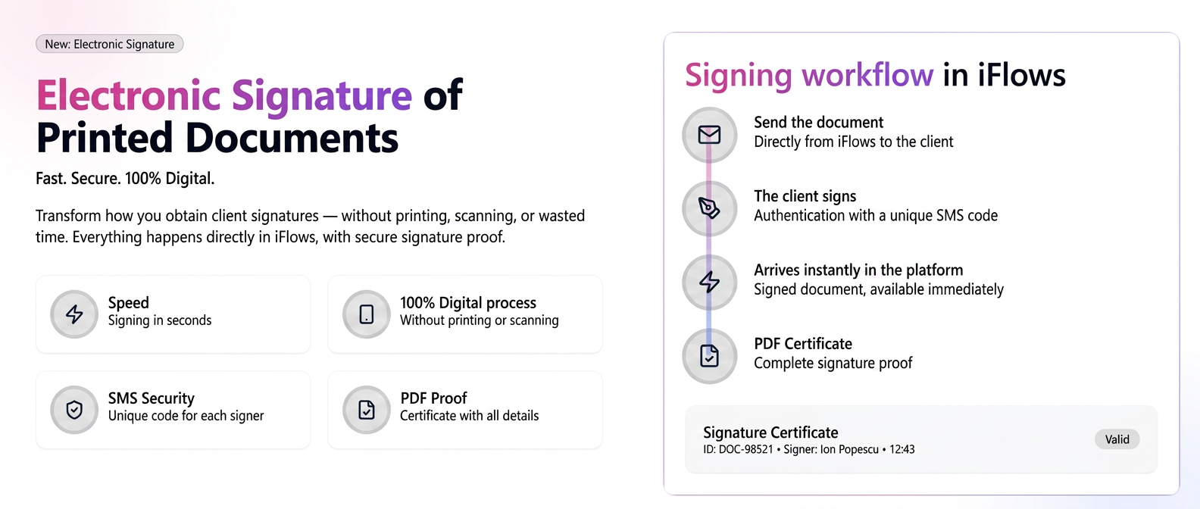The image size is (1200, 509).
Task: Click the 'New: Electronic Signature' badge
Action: pyautogui.click(x=109, y=44)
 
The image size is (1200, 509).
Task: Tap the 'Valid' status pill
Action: pyautogui.click(x=1117, y=439)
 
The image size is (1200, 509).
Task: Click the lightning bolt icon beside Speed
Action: pyautogui.click(x=74, y=314)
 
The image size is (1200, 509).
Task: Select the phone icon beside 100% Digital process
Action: pyautogui.click(x=367, y=314)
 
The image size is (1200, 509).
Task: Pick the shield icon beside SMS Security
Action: pyautogui.click(x=74, y=410)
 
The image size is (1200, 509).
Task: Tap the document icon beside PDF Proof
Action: pyautogui.click(x=367, y=410)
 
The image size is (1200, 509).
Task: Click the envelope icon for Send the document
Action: pyautogui.click(x=709, y=135)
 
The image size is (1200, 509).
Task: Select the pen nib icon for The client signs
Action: pyautogui.click(x=709, y=208)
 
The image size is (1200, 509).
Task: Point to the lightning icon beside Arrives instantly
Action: pyautogui.click(x=709, y=282)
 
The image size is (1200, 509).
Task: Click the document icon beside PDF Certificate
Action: pyautogui.click(x=709, y=356)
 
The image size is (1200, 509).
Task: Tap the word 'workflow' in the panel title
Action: pyautogui.click(x=867, y=74)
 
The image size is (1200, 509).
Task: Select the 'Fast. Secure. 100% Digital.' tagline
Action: pyautogui.click(x=125, y=179)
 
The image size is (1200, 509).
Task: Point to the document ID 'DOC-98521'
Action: pyautogui.click(x=745, y=449)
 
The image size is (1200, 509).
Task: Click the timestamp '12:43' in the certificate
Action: pyautogui.click(x=902, y=449)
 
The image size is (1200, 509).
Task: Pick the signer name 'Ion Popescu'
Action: pyautogui.click(x=850, y=449)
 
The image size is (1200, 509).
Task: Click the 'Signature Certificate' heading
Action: pyautogui.click(x=770, y=432)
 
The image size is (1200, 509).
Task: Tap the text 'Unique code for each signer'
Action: pyautogui.click(x=186, y=416)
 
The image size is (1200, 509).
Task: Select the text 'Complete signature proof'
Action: pyautogui.click(x=833, y=364)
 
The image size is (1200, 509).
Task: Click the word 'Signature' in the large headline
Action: pyautogui.click(x=321, y=95)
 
